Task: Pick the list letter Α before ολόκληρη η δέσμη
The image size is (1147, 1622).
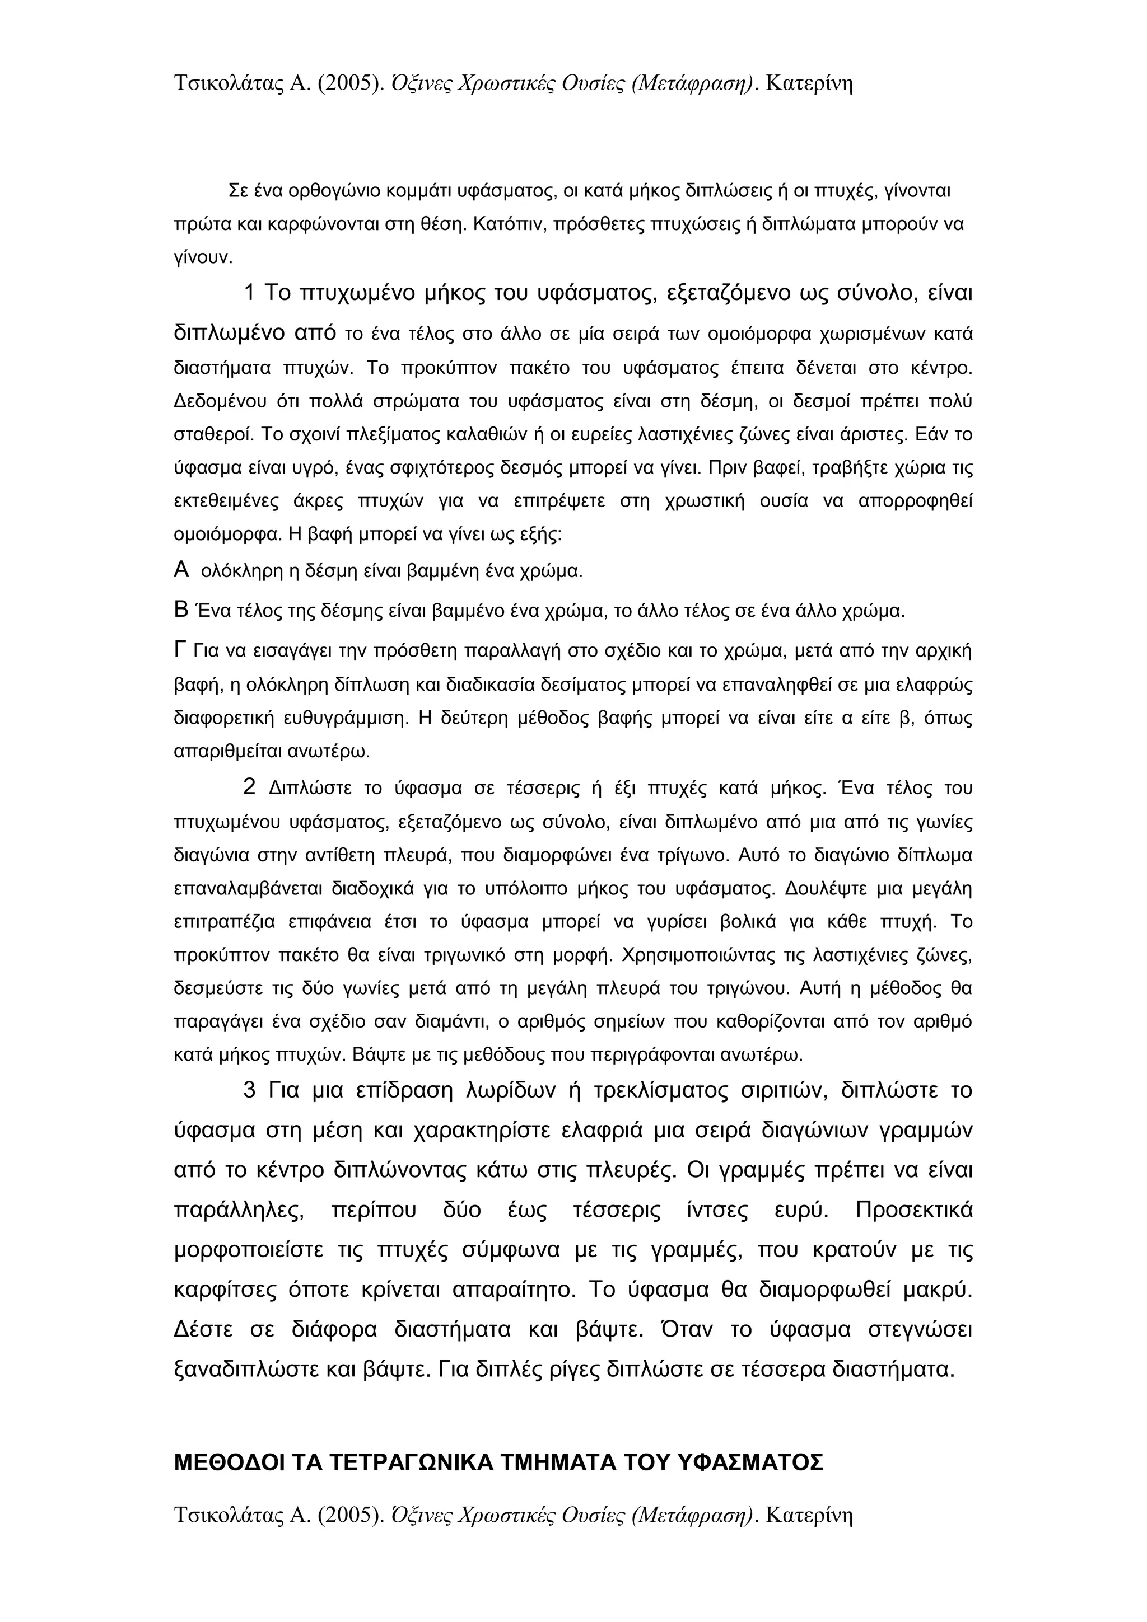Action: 181,570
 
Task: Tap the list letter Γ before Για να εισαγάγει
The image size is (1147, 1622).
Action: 180,649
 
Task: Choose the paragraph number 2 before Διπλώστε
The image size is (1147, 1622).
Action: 249,786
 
